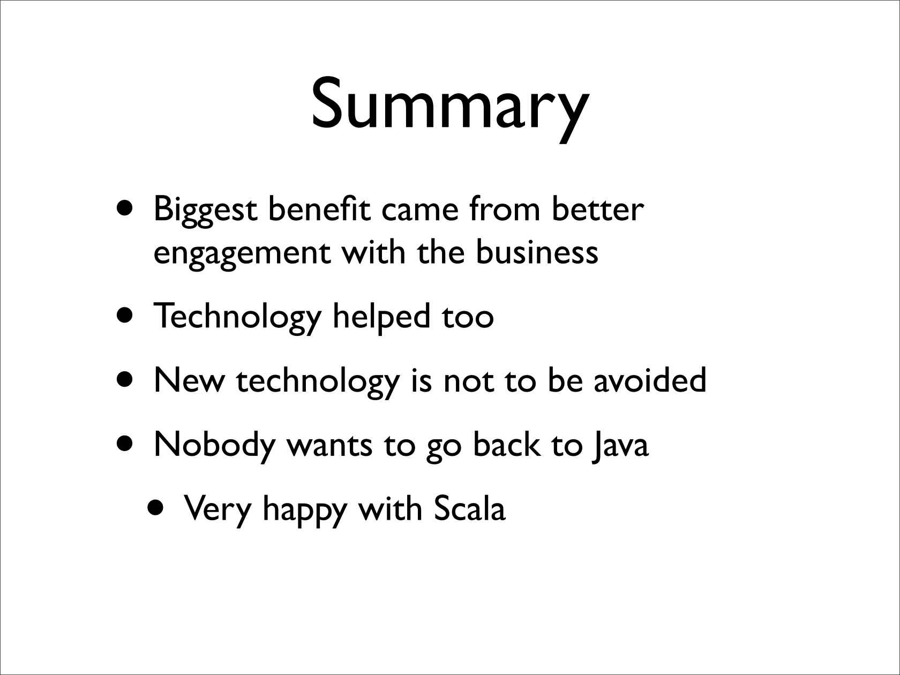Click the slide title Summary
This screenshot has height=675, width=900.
point(450,109)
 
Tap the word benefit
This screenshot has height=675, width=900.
point(319,208)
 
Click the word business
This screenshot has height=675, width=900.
point(537,251)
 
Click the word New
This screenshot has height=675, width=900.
point(189,381)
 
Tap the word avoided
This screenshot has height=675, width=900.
point(650,379)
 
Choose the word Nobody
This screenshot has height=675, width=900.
point(214,446)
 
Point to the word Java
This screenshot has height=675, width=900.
point(620,446)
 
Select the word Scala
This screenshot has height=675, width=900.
point(469,508)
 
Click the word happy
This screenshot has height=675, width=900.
point(305,512)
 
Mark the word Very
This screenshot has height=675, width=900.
point(217,511)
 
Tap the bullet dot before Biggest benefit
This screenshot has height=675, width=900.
point(125,208)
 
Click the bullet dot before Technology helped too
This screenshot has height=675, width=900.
point(125,316)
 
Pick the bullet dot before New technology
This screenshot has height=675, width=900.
point(125,379)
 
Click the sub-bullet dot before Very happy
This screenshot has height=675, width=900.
point(156,508)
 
